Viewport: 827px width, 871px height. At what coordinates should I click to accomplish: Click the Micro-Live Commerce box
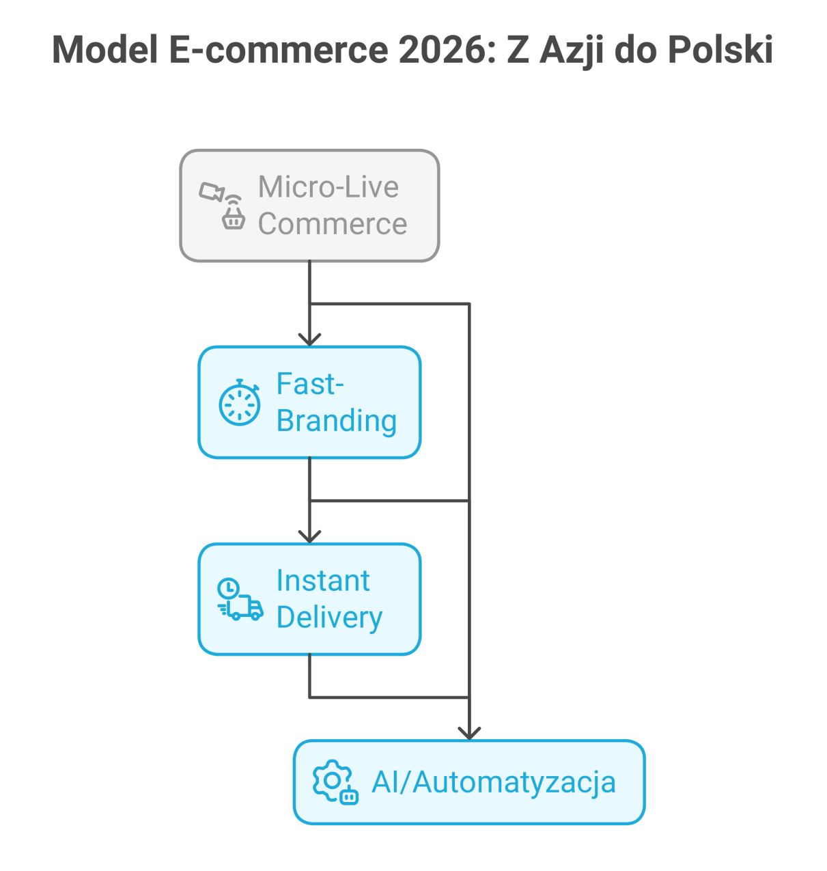(309, 206)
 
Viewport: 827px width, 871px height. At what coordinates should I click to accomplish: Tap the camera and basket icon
(223, 206)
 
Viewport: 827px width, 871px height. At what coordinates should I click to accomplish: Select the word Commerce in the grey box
(333, 224)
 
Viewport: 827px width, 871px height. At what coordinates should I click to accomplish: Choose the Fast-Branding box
(309, 402)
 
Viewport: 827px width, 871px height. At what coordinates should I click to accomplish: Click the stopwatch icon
(239, 403)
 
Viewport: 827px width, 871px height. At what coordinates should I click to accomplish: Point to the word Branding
(337, 421)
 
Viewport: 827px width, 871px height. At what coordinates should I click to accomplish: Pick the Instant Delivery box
(309, 599)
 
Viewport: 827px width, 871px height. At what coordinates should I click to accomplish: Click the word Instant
(323, 581)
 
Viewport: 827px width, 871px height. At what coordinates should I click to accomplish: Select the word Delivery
(329, 618)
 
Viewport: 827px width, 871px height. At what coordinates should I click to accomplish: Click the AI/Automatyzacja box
(469, 782)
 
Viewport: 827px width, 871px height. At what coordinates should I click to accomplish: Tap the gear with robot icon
(335, 782)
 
